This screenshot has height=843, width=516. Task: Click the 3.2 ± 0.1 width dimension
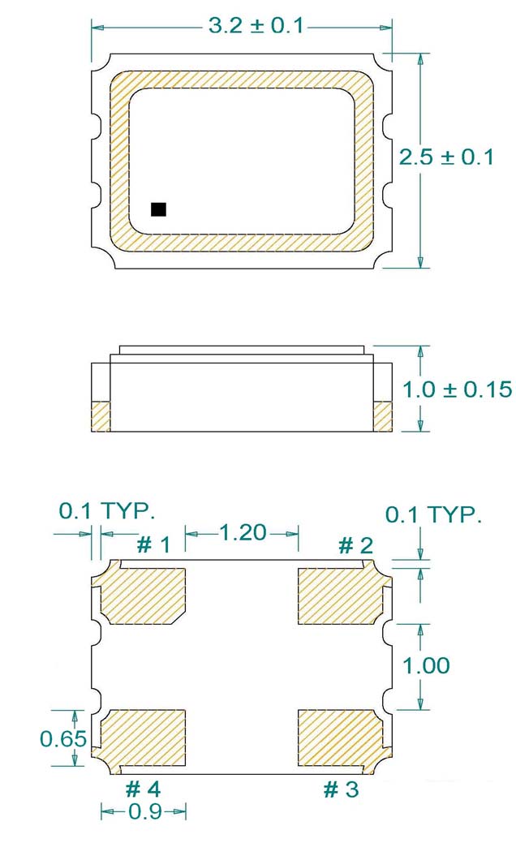[256, 26]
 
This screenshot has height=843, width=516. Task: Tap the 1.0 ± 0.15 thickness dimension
[458, 390]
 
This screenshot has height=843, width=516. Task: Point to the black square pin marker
[158, 209]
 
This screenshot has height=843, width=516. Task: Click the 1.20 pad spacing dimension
[243, 532]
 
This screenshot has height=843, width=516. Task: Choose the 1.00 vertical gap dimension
[426, 665]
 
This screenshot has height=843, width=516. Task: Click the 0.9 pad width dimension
[144, 811]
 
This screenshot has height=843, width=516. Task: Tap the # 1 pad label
[153, 544]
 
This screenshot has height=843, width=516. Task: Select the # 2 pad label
[355, 544]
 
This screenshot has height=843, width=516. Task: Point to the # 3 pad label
[341, 789]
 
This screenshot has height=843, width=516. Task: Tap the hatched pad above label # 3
[339, 737]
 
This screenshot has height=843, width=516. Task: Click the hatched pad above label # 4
[143, 737]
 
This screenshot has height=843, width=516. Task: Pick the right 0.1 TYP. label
[432, 514]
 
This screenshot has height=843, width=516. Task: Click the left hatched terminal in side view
[100, 415]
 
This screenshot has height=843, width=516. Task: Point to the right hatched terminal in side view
[382, 415]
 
